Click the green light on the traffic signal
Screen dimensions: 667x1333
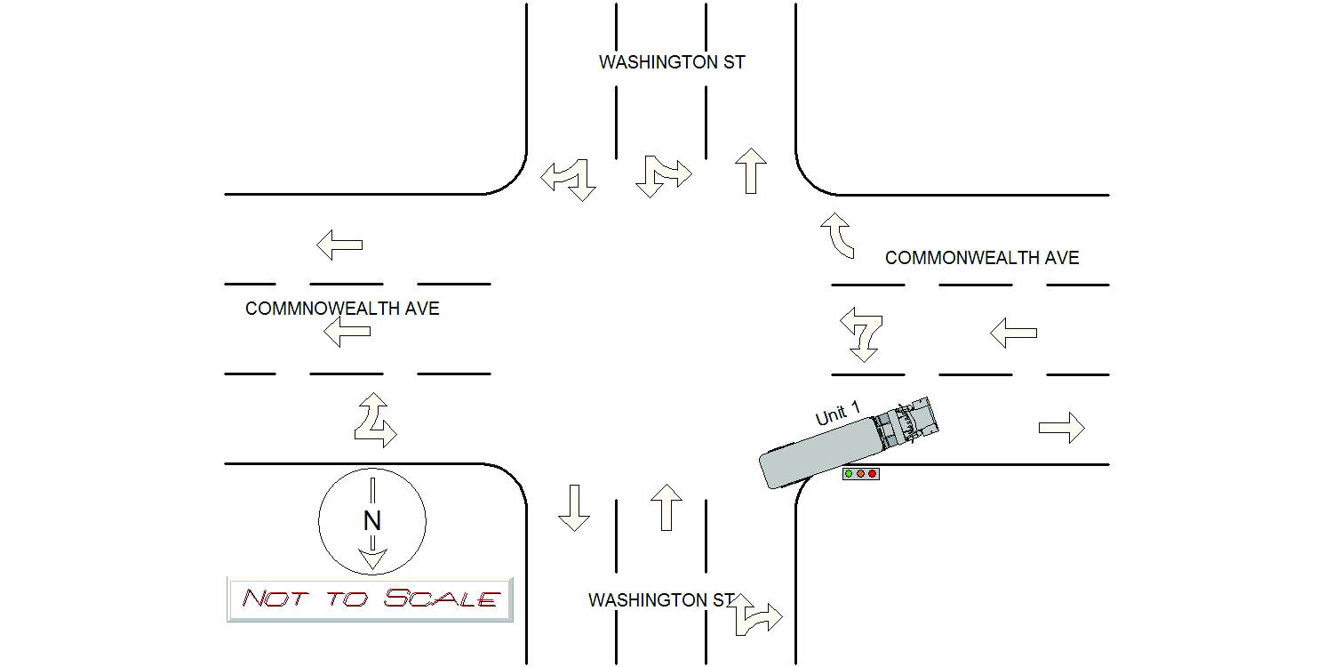(x=849, y=474)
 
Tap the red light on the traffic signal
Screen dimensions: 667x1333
(x=873, y=474)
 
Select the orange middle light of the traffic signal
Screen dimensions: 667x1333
(x=860, y=474)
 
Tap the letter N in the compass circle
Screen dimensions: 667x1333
(x=371, y=520)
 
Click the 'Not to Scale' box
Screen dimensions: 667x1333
(x=370, y=599)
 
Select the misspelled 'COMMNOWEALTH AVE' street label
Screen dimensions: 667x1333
(x=342, y=309)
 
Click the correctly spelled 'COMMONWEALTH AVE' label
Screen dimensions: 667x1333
(x=982, y=258)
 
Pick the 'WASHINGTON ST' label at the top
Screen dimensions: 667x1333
(x=672, y=62)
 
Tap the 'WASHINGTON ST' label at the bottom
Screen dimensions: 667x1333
(x=661, y=600)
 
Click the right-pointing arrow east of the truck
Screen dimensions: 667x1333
(x=1062, y=428)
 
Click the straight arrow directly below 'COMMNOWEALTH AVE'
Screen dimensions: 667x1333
(x=347, y=333)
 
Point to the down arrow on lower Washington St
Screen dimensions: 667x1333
(x=574, y=508)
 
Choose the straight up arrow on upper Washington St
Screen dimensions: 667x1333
(x=751, y=171)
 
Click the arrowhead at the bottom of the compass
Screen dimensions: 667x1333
(x=372, y=559)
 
